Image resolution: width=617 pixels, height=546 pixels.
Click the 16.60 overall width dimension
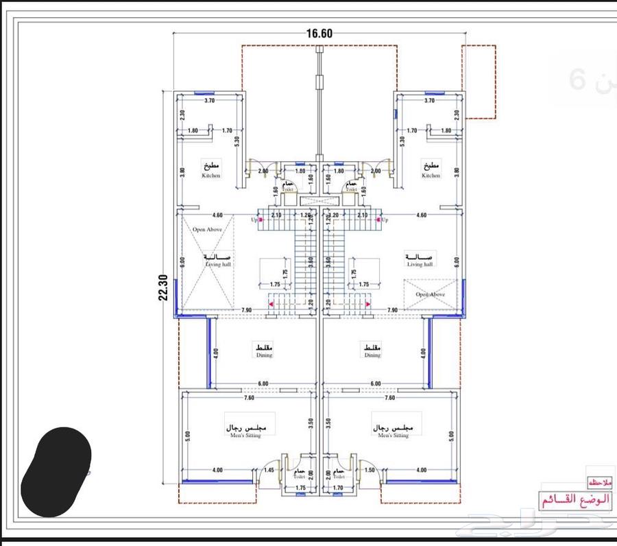coord(319,33)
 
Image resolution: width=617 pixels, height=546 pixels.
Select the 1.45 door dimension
coord(269,470)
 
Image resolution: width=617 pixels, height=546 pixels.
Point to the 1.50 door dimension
coord(370,470)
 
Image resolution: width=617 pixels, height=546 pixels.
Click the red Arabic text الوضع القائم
coord(574,500)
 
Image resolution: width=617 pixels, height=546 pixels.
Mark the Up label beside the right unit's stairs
coord(385,220)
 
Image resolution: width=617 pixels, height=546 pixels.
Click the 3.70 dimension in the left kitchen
coord(209,101)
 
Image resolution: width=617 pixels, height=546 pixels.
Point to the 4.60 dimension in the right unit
coord(422,215)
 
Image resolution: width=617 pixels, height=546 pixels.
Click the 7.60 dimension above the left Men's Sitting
coord(248,397)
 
